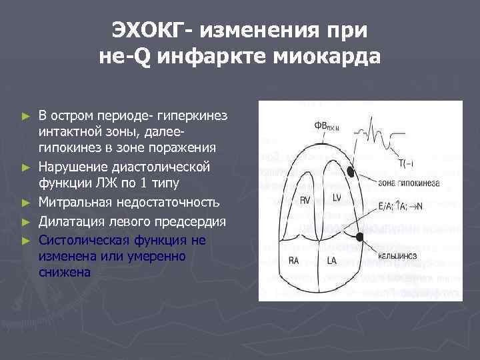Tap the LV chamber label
point(336,197)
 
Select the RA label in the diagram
point(294,261)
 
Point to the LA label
point(332,261)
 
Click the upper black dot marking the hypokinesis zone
point(351,172)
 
